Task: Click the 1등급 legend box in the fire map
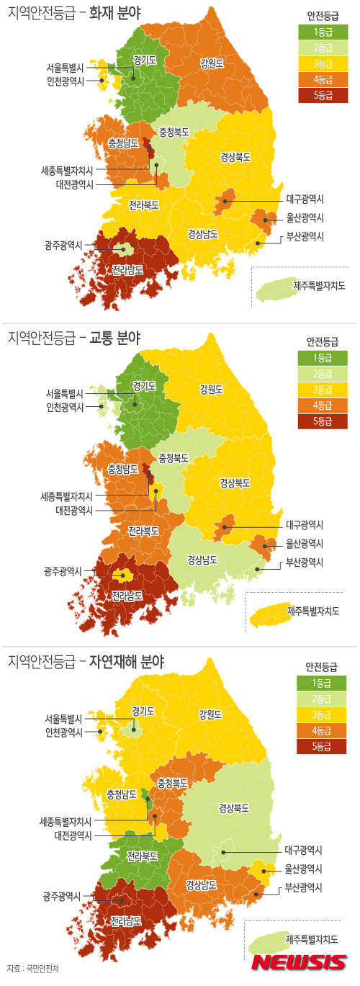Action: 322,32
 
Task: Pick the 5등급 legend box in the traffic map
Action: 322,421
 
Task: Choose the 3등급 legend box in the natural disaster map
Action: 322,714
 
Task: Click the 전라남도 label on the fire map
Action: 127,271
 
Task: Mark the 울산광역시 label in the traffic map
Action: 304,544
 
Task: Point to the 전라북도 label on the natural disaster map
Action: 142,856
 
